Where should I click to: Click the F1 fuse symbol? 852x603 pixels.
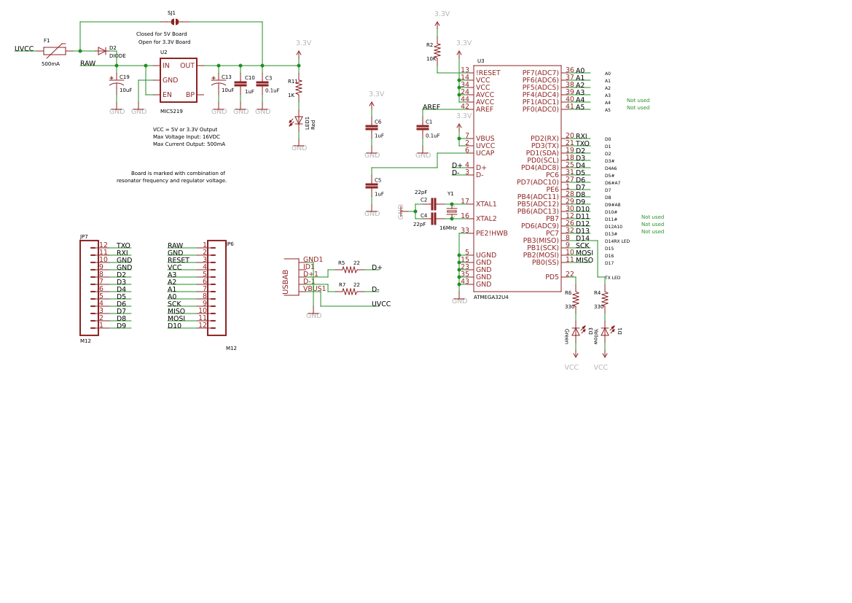55,51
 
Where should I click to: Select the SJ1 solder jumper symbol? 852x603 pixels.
175,22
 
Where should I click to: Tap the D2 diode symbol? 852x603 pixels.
102,51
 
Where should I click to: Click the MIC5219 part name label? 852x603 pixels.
171,112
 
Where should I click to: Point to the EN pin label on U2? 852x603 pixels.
167,95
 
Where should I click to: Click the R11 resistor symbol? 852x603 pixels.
299,87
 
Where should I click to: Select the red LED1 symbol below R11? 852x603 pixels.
299,121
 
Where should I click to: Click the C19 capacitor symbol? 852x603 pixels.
117,85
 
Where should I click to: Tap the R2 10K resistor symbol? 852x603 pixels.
437,50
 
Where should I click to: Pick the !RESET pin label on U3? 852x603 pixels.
488,73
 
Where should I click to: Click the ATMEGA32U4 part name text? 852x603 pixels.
491,297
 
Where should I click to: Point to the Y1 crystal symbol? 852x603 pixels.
452,211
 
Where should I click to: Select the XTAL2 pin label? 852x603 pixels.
486,219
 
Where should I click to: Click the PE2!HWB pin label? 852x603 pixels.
492,233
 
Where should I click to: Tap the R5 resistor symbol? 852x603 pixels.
350,270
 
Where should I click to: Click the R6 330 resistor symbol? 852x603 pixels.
576,299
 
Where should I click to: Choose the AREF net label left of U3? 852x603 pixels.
431,107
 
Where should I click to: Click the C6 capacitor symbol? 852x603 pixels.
372,128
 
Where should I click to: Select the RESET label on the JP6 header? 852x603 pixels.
179,260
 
